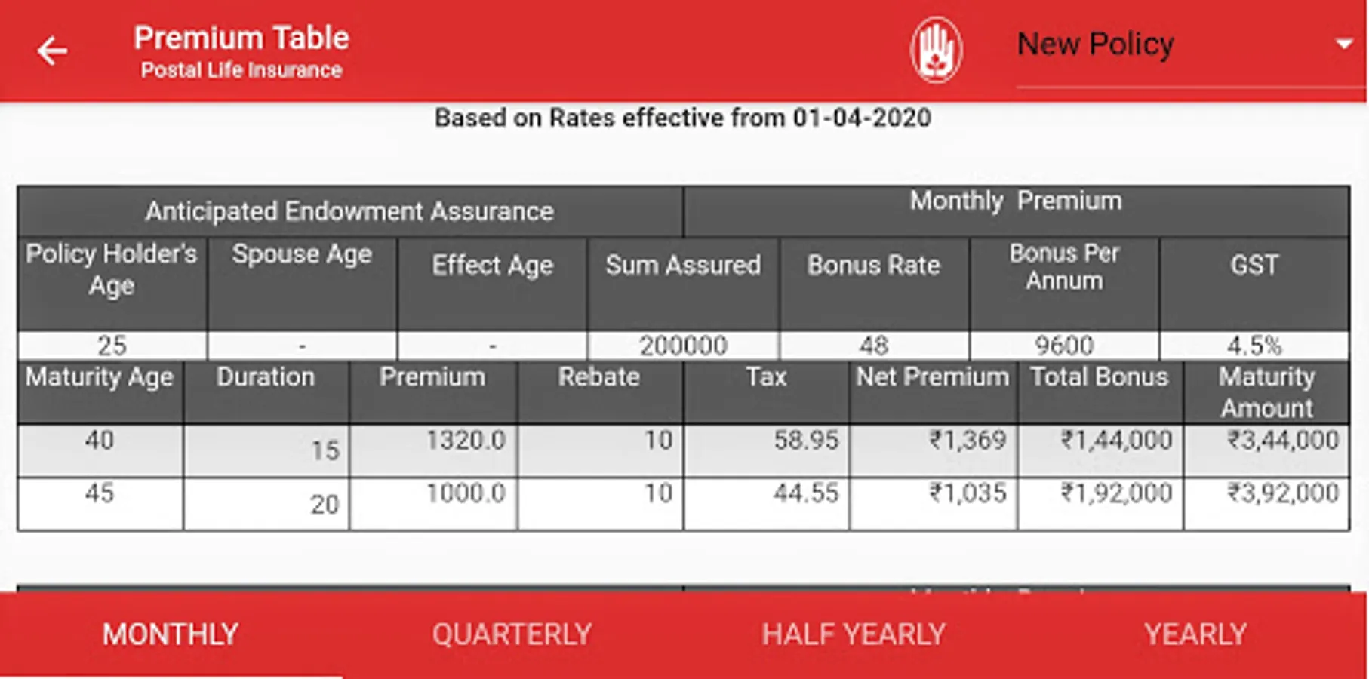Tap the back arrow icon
(52, 51)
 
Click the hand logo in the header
(936, 50)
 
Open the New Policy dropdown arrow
(1343, 44)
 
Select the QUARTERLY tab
(512, 634)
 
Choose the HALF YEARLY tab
(853, 634)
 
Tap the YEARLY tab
(1195, 634)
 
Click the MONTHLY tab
(171, 634)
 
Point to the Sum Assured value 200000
(683, 346)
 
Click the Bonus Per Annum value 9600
(1064, 346)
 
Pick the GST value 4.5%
(1254, 346)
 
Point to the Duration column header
(266, 376)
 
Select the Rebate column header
(598, 376)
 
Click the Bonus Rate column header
(873, 265)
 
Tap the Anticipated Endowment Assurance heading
(349, 211)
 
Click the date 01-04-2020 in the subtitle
(861, 118)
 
